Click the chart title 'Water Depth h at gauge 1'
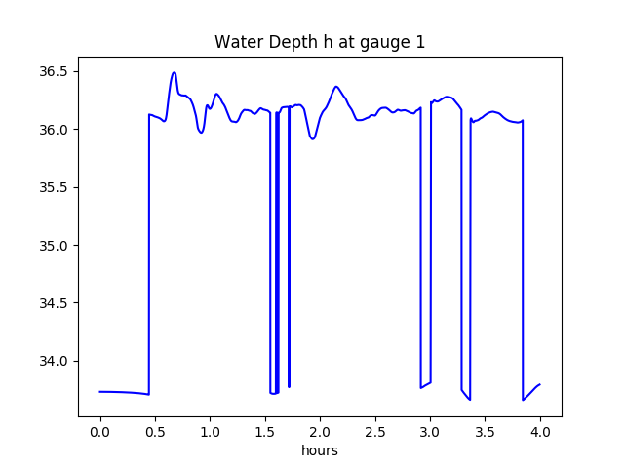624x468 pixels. [320, 42]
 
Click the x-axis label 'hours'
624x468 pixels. [320, 450]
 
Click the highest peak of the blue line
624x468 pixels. [174, 72]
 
